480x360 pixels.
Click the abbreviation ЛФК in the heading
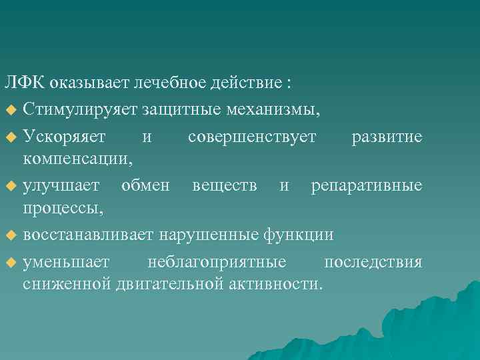25,83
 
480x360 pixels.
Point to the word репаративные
367,185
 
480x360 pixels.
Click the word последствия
373,261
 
